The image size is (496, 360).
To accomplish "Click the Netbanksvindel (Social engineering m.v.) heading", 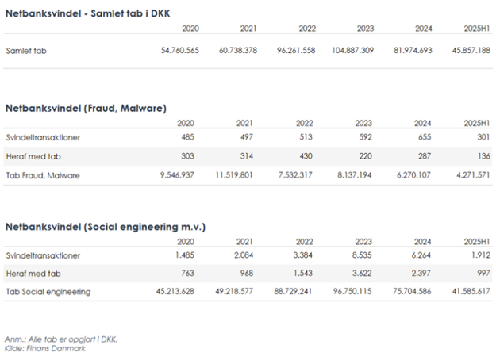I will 106,226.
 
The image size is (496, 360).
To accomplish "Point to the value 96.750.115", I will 350,292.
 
